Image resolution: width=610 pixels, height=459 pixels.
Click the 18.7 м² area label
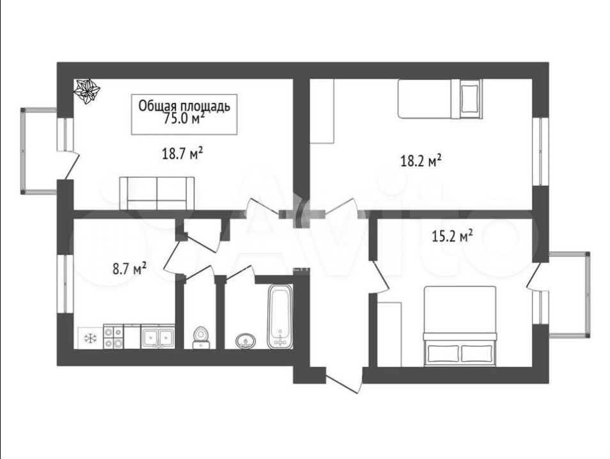click(182, 154)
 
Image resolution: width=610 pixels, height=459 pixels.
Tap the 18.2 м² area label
click(421, 161)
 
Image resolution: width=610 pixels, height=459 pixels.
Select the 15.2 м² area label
click(453, 236)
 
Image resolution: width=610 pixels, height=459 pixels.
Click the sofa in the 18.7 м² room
click(157, 193)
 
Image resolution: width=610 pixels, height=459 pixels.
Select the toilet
click(201, 337)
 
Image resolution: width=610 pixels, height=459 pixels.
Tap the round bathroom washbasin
click(246, 341)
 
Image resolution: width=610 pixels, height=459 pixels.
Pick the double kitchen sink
click(157, 337)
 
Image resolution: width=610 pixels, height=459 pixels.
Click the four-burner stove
click(113, 337)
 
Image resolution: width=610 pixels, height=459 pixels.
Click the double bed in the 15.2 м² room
click(460, 326)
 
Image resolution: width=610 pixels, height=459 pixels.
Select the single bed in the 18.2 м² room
click(440, 99)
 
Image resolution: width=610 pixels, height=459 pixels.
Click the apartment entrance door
click(344, 381)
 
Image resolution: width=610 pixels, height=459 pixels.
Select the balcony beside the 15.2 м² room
click(570, 294)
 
